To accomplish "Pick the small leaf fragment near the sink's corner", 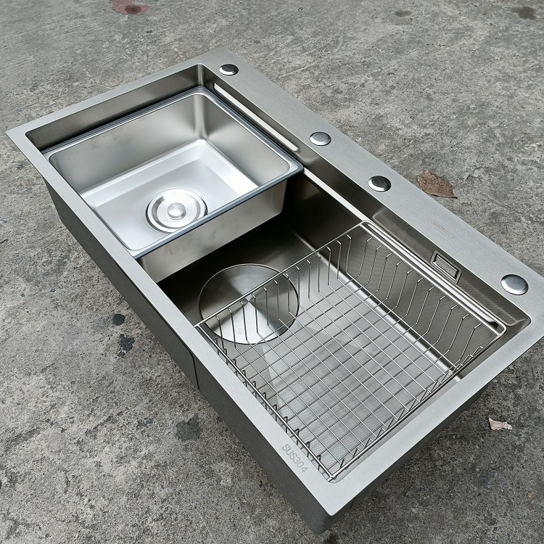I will (x=499, y=423).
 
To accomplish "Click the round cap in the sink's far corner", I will (x=228, y=70).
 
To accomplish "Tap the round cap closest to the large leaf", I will (x=379, y=183).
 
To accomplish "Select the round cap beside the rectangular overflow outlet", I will (x=514, y=284).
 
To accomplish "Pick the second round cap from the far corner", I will (x=320, y=138).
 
